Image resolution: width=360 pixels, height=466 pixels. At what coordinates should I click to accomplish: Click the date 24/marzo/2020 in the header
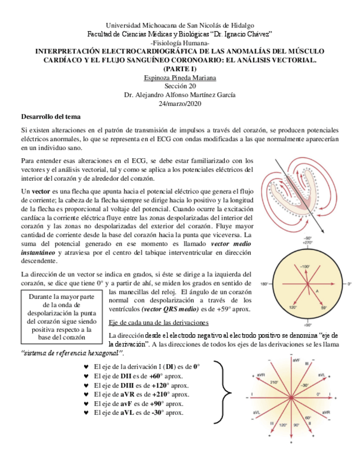pos(180,103)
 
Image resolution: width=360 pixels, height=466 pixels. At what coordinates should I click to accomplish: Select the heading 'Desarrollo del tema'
pos(51,116)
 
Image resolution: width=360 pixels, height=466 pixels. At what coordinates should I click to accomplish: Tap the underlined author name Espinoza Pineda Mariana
pos(180,77)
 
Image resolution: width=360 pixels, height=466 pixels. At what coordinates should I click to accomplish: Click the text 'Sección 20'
pos(180,86)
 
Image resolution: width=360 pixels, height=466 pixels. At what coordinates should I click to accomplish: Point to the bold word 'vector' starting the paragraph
pos(41,190)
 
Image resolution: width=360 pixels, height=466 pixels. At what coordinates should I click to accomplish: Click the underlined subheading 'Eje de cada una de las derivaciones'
pos(155,322)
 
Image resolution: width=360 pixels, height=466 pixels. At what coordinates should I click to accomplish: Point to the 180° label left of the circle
pos(263,284)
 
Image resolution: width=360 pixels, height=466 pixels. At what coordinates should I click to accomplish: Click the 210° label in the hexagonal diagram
pos(275,382)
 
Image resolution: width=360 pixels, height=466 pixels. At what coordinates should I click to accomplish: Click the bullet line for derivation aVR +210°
pos(141,394)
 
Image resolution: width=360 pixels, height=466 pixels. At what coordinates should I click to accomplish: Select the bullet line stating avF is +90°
pos(139,403)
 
